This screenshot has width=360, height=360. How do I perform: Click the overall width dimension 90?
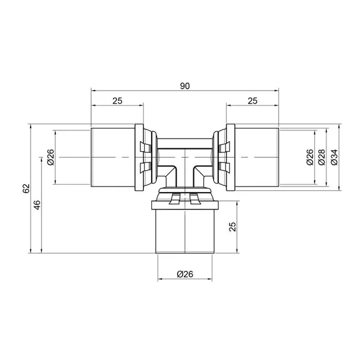[185, 86]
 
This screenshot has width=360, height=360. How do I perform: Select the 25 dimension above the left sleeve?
[118, 101]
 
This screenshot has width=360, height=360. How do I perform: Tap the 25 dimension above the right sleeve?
[253, 101]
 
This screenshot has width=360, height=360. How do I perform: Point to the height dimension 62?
[26, 188]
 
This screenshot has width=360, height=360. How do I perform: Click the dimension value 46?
[37, 205]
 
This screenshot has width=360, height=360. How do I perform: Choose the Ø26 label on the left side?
[50, 157]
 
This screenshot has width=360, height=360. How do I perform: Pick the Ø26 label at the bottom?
[185, 274]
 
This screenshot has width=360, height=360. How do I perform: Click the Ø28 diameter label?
[322, 157]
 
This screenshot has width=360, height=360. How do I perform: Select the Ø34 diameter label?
[335, 157]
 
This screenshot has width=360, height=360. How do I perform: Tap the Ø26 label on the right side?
[310, 157]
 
